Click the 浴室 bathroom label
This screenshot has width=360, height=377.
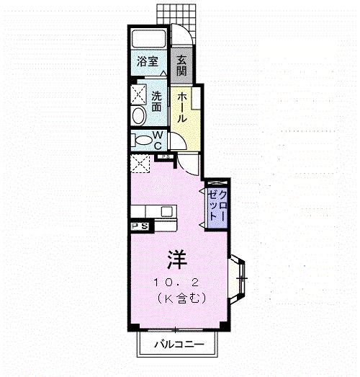pos(148,61)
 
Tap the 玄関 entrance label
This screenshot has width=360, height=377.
pos(181,66)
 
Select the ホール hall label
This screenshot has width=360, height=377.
pos(182,107)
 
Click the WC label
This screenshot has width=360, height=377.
pos(158,140)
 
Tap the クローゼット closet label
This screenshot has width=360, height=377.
pos(217,205)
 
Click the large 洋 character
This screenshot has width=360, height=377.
pos(177,260)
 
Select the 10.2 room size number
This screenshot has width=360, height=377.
pos(176,283)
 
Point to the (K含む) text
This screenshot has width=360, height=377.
pos(181,298)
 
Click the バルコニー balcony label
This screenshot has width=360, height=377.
pos(179,345)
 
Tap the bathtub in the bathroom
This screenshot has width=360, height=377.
pos(148,38)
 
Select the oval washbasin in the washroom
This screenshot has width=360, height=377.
pos(139,116)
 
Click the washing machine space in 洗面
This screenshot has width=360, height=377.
pos(139,94)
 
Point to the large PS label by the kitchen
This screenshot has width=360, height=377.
pos(139,226)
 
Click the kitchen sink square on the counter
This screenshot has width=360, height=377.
pos(166,212)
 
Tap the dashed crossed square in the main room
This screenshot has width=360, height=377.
pos(140,164)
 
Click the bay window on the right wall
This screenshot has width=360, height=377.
pos(238,279)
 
